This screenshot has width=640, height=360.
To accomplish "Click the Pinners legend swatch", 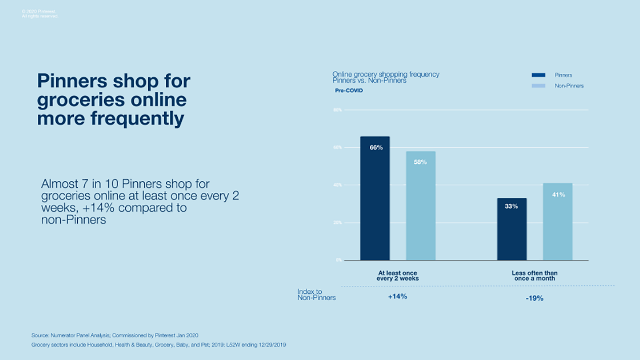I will [x=538, y=75].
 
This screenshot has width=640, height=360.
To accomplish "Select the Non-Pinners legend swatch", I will [x=538, y=86].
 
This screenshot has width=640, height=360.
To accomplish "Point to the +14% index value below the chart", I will [x=397, y=296].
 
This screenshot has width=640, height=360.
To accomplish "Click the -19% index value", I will [x=534, y=298].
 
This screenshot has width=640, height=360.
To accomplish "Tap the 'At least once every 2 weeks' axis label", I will [x=398, y=276].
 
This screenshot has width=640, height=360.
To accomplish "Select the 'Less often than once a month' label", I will [x=534, y=276].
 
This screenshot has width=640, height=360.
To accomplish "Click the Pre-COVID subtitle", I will [x=349, y=91].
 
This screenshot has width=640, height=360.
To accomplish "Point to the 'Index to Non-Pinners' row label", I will [x=316, y=295].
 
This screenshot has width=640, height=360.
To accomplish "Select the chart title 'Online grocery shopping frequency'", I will [x=385, y=74].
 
